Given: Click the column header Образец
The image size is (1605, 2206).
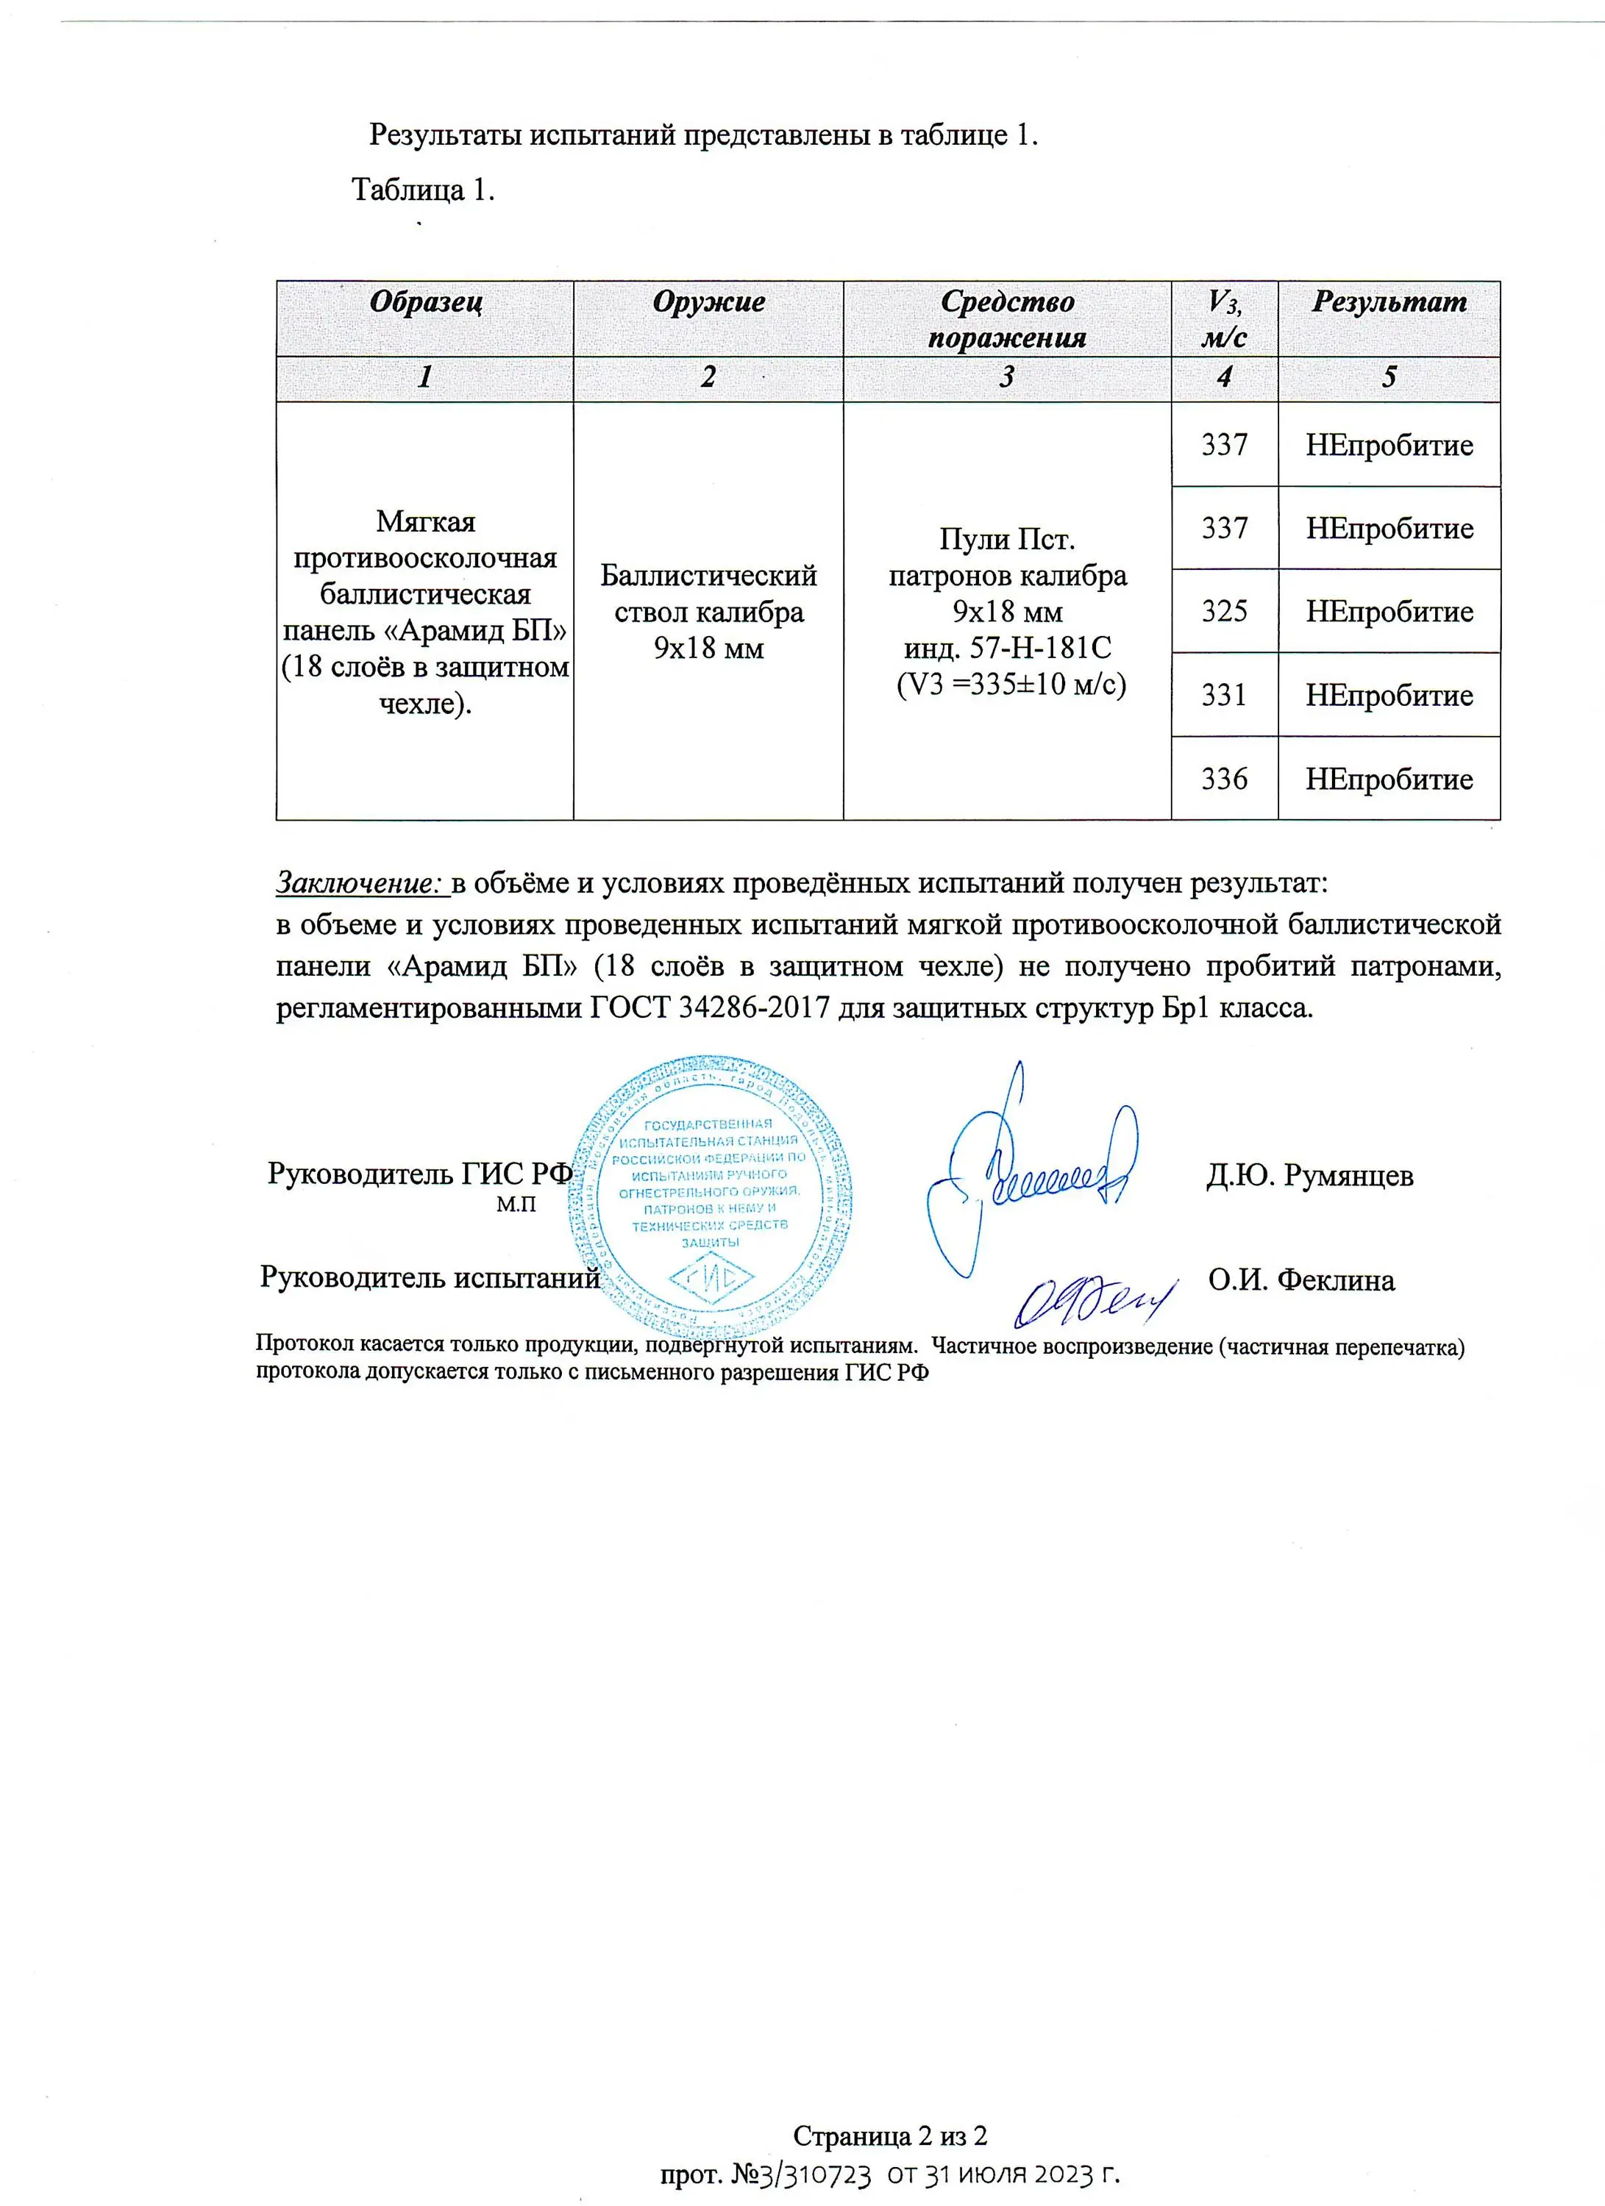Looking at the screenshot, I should point(425,301).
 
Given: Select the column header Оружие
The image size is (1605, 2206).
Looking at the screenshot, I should point(708,301).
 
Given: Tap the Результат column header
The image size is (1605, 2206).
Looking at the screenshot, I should point(1388,301).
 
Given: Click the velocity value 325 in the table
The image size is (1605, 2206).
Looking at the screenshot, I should point(1224,611).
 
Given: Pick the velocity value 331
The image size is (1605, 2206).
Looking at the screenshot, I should point(1224,694).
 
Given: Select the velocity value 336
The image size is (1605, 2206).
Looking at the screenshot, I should point(1224,778).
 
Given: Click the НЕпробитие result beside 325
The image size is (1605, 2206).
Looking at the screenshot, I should point(1388,611).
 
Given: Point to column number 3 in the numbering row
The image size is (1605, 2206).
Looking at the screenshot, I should point(1007,377).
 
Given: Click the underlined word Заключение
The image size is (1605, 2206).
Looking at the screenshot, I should point(360,882).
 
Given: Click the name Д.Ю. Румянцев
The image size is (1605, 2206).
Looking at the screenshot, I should point(1309,1176).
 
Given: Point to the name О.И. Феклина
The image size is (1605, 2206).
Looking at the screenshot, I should point(1301,1280).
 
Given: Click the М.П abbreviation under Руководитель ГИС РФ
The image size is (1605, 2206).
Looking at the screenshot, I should point(516,1205).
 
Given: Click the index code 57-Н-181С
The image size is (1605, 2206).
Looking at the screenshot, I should point(1040,648).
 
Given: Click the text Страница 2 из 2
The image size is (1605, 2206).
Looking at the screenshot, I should point(890,2136).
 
